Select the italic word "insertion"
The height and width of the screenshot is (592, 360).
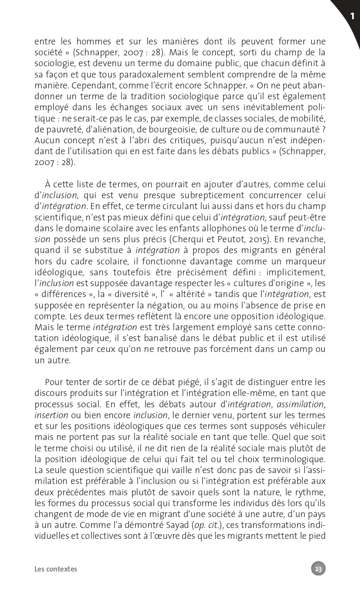[x=51, y=415]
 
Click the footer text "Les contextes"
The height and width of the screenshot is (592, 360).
[x=56, y=569]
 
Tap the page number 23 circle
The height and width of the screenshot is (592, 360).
[x=318, y=568]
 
